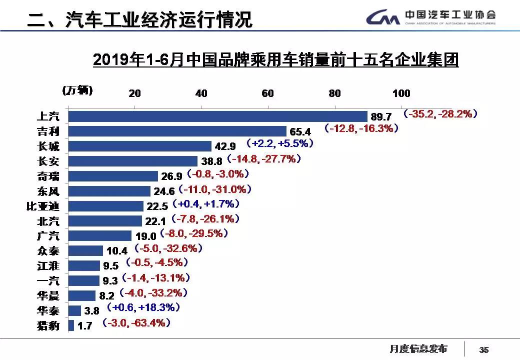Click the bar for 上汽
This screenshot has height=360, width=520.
coord(217,116)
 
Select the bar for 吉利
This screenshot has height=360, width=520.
coord(177,131)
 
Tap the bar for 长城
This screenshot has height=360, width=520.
coord(139,146)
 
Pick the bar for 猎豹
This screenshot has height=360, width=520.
coord(71,325)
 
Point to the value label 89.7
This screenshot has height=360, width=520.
coord(381,116)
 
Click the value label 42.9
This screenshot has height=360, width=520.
coord(225,146)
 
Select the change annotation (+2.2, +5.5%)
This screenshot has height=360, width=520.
coord(280,143)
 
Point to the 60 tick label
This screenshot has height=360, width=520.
coord(268,93)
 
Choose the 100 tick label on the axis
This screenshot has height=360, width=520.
coord(401,93)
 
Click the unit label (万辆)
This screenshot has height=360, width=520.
coord(77,90)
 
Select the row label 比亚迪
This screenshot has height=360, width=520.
coord(43,206)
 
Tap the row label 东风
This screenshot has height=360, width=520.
coord(48,191)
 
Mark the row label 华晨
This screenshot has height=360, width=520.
coord(48,295)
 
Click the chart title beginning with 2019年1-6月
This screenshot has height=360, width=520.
coord(275,60)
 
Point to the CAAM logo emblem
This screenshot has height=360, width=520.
coord(382,18)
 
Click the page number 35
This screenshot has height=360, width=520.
coord(483,350)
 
